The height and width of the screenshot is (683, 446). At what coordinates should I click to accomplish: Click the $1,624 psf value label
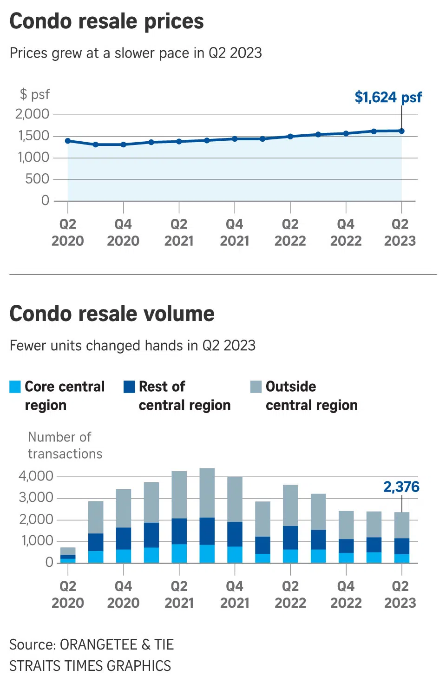(388, 97)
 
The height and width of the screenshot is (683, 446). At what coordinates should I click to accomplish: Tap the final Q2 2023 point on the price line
(401, 131)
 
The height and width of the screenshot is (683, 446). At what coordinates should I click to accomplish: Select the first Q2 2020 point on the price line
(68, 141)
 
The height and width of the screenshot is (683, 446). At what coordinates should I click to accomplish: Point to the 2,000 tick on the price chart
(32, 114)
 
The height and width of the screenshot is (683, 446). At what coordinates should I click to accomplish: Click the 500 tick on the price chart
(37, 179)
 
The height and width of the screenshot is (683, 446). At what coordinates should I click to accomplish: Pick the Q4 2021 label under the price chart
(234, 232)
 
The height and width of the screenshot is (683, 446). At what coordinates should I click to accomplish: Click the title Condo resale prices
(106, 21)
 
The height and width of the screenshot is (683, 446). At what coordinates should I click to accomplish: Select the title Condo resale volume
(112, 314)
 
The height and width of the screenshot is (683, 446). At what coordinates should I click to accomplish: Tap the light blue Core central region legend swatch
(15, 387)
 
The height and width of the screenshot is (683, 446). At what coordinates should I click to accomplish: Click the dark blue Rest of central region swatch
(129, 387)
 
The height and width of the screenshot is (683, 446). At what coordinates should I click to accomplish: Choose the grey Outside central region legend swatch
(256, 387)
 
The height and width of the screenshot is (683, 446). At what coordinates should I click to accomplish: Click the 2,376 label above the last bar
(401, 487)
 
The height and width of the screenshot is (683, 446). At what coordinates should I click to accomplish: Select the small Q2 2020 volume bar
(68, 555)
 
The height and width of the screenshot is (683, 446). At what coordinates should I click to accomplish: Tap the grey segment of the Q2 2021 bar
(179, 495)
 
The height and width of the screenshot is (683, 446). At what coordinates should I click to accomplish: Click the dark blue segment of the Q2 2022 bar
(290, 538)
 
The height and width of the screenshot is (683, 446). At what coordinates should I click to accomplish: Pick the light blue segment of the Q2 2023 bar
(402, 558)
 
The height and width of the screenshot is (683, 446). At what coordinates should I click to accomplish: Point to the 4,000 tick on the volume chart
(36, 476)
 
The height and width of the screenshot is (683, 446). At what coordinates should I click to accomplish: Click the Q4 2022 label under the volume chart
(346, 594)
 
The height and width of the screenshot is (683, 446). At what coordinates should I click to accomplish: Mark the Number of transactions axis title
(65, 445)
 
